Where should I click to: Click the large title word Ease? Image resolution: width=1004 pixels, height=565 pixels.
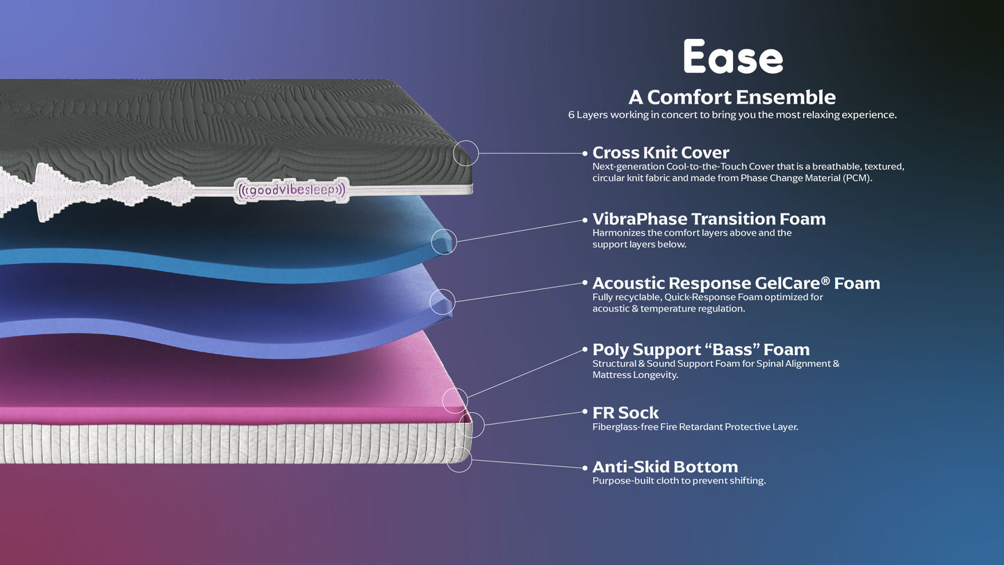tap(732, 57)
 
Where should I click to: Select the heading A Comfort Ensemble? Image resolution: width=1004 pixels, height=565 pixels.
tap(732, 97)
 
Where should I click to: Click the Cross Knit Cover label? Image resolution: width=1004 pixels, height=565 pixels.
tap(660, 152)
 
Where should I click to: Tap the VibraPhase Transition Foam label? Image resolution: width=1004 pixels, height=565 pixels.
tap(709, 219)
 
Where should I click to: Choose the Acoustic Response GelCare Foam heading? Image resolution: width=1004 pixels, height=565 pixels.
tap(736, 283)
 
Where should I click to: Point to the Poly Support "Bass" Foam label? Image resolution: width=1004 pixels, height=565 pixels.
tap(700, 350)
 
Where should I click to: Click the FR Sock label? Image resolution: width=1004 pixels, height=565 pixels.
tap(625, 413)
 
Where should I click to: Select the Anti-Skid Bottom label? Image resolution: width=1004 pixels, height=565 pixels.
tap(665, 467)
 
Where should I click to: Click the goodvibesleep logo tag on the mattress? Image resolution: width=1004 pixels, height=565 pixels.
tap(291, 189)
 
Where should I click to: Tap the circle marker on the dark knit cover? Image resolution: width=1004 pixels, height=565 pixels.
tap(466, 153)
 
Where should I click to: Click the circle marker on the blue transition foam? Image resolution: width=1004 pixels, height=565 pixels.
tap(444, 241)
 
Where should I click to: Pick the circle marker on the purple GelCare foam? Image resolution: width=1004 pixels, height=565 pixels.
tap(443, 302)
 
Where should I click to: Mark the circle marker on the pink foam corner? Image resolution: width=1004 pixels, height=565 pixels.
tap(455, 400)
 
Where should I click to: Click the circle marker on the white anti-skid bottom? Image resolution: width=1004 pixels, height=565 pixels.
tap(459, 459)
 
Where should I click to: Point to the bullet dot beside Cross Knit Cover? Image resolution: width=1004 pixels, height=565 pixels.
tap(585, 153)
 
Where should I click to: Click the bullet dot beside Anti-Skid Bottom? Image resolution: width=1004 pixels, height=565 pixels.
tap(585, 467)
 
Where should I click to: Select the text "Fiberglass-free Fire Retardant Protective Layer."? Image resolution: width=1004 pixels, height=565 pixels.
tap(695, 427)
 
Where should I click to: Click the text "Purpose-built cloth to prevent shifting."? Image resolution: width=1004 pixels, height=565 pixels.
tap(679, 480)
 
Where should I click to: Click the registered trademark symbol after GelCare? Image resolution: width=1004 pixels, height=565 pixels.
tap(825, 279)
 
